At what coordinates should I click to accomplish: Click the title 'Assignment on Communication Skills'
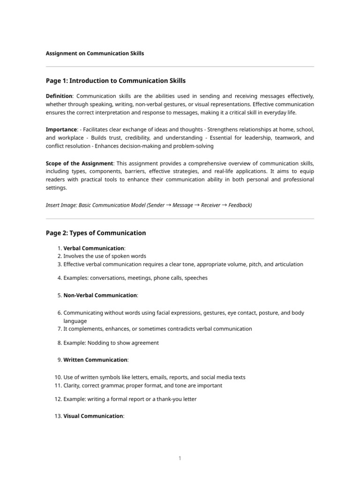(x=95, y=53)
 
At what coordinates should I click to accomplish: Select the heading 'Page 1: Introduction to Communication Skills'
(x=119, y=81)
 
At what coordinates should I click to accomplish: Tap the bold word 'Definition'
(x=59, y=96)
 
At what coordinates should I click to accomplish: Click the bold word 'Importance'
(x=61, y=129)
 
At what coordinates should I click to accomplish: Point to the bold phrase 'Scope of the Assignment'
(x=79, y=163)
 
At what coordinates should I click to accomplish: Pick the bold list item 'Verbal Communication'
(x=94, y=248)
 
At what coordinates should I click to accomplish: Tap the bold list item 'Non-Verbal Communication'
(x=100, y=295)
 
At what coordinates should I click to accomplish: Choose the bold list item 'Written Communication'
(x=95, y=360)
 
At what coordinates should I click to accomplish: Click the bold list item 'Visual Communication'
(x=93, y=416)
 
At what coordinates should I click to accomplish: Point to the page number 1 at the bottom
(x=180, y=458)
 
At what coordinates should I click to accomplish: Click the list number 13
(x=58, y=416)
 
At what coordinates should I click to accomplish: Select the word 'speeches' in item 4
(x=196, y=278)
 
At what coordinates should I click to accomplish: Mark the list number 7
(x=60, y=329)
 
